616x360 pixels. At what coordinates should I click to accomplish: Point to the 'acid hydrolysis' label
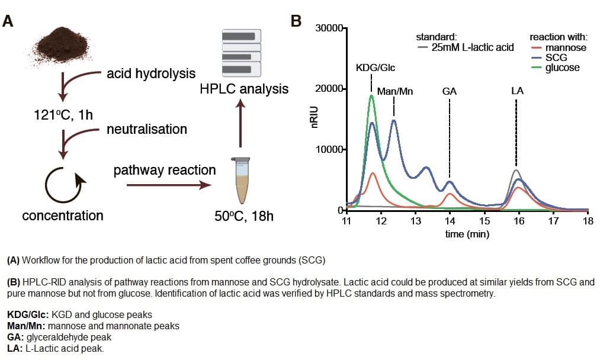click(x=150, y=74)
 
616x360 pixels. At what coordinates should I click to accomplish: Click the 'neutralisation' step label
click(x=146, y=129)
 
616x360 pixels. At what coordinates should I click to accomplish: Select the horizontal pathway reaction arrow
click(x=169, y=185)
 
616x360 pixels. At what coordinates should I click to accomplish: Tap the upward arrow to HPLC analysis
click(x=240, y=123)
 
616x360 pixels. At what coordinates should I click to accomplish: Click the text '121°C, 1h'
click(x=63, y=115)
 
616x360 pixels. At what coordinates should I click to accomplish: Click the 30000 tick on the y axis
click(x=329, y=28)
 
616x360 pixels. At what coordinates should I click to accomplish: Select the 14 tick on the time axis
click(x=450, y=221)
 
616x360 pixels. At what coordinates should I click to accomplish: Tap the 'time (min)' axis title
click(x=467, y=234)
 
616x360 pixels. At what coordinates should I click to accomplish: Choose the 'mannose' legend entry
click(x=565, y=47)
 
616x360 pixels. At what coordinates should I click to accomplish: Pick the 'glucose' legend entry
click(x=562, y=67)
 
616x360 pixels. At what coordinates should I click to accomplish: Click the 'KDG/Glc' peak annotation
click(x=375, y=67)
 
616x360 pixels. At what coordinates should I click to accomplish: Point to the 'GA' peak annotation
click(x=449, y=91)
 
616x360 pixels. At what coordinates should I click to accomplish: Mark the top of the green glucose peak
click(x=371, y=95)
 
